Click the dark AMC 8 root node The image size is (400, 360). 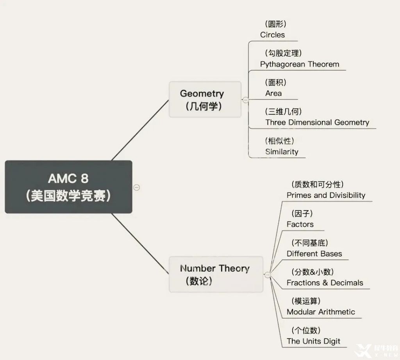tap(68, 187)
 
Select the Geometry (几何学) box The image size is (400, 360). tap(205, 99)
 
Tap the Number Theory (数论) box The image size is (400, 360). tap(216, 274)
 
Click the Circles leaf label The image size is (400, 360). tap(272, 35)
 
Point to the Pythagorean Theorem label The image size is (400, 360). tap(300, 64)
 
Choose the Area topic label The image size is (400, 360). tap(273, 93)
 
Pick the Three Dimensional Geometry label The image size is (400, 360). tap(317, 122)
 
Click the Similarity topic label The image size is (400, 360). tap(282, 151)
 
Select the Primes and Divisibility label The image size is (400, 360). tap(326, 195)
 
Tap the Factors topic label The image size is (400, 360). tap(300, 224)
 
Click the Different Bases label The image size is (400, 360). tap(314, 253)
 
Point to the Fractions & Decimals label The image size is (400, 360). tap(325, 283)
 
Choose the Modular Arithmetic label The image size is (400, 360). tap(321, 312)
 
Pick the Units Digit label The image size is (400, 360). tap(313, 341)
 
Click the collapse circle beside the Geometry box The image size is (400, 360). tap(245, 100)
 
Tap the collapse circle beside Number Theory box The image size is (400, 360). tap(268, 275)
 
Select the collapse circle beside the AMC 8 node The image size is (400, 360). tap(136, 187)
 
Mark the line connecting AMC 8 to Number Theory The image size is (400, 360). tap(140, 243)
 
